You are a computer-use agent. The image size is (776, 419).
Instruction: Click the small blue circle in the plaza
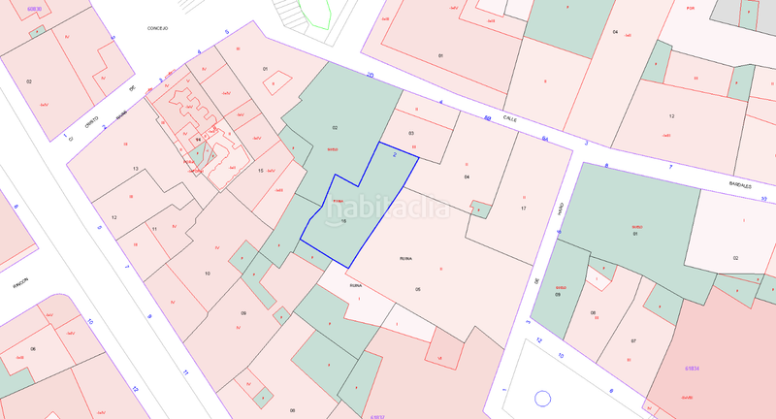[x=542, y=397]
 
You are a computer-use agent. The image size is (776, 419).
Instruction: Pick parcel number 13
[x=137, y=169]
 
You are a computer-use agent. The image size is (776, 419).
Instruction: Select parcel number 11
[x=154, y=229]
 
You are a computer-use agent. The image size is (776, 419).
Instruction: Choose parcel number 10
[x=207, y=274]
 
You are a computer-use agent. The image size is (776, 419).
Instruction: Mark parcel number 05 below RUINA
[x=418, y=289]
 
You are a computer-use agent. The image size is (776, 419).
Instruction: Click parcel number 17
[x=524, y=209]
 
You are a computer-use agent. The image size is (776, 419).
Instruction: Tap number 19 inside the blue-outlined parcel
[x=343, y=221]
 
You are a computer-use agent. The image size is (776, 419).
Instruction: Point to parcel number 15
[x=260, y=171]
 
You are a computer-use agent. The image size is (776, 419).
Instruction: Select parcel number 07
[x=632, y=340]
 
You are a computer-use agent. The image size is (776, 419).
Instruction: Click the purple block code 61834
[x=693, y=368]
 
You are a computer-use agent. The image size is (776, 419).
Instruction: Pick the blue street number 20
[x=370, y=74]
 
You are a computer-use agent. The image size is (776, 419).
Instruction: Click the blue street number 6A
[x=545, y=139]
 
